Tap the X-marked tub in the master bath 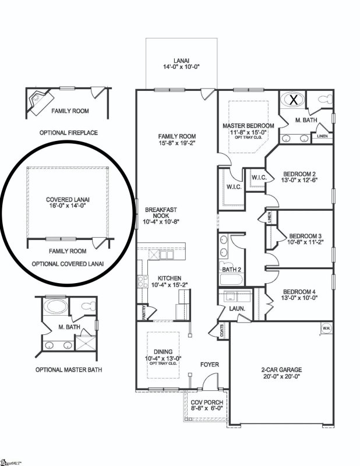coord(294,100)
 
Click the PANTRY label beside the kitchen coord(140,313)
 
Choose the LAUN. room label coord(237,308)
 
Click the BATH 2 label coord(231,269)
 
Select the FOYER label coord(209,365)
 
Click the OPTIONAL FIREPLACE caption coord(69,133)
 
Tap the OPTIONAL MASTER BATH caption coord(66,369)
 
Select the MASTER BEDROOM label coord(249,126)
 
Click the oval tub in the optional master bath coord(56,305)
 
